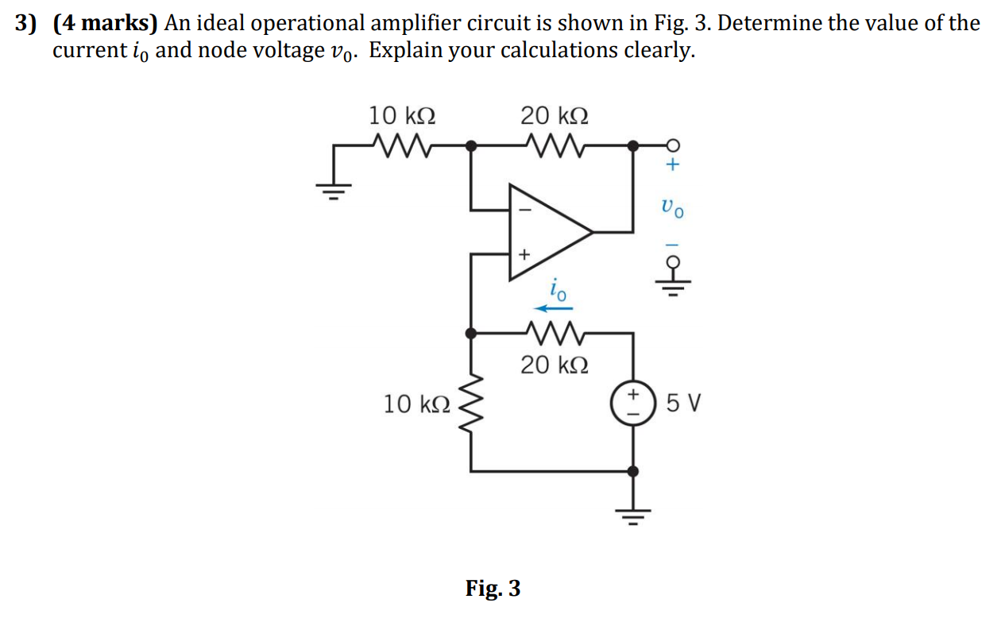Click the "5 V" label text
pyautogui.click(x=685, y=404)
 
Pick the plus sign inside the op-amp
pyautogui.click(x=523, y=255)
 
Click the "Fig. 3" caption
pyautogui.click(x=493, y=589)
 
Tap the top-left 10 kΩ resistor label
pyautogui.click(x=401, y=116)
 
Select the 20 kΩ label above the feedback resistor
pyautogui.click(x=555, y=116)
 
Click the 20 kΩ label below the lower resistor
pyautogui.click(x=555, y=365)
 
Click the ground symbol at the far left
pyautogui.click(x=334, y=191)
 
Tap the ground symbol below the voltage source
pyautogui.click(x=632, y=516)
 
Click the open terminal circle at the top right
pyautogui.click(x=672, y=145)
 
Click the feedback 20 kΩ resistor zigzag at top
pyautogui.click(x=555, y=145)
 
